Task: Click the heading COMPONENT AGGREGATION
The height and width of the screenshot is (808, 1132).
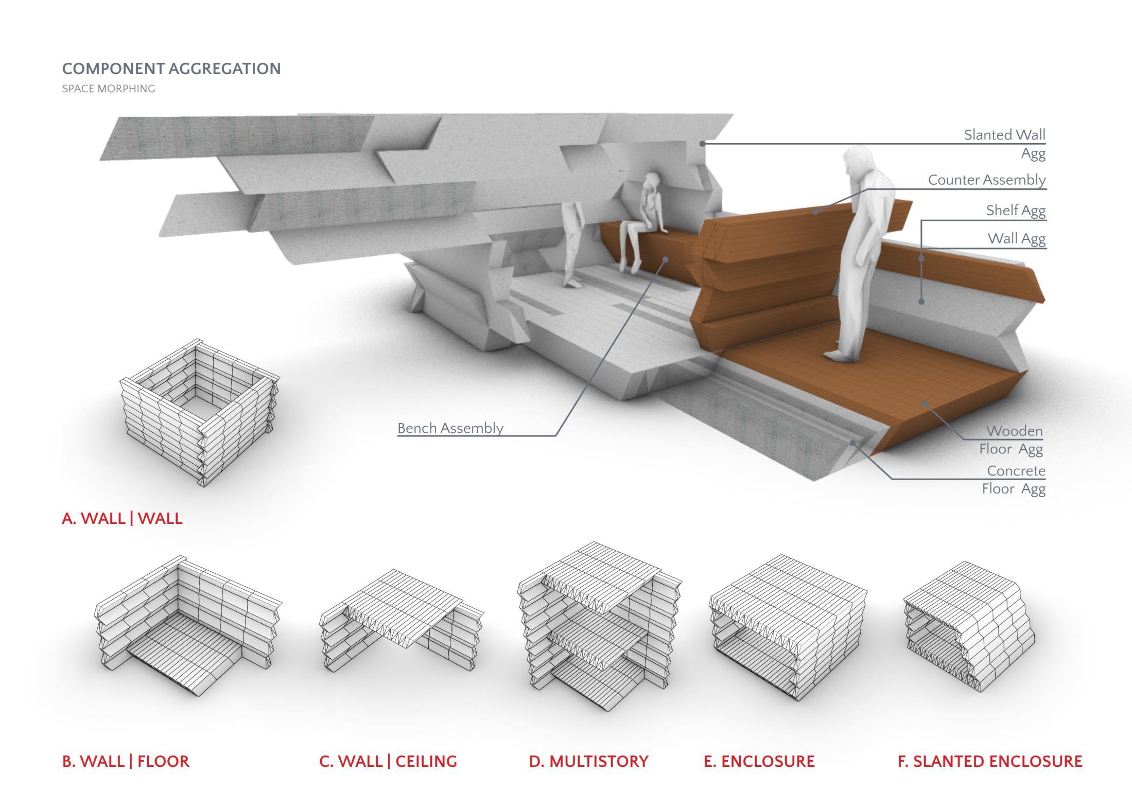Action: [x=171, y=68]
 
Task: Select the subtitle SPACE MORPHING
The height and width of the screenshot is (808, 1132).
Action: [x=108, y=89]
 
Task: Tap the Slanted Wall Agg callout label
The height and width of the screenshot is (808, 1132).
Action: [x=1004, y=144]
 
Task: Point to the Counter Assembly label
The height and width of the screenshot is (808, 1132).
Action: [x=987, y=180]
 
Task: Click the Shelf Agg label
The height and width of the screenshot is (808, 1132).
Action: [x=1015, y=210]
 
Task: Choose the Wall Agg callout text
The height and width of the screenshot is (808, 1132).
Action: [x=1016, y=238]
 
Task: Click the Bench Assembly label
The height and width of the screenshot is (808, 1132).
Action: [x=450, y=428]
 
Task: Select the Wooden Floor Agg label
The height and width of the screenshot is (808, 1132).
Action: [x=1012, y=440]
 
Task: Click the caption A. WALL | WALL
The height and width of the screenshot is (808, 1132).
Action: [x=122, y=518]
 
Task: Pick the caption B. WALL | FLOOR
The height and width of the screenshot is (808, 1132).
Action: [x=126, y=761]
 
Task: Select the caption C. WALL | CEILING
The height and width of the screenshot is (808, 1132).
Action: [x=388, y=761]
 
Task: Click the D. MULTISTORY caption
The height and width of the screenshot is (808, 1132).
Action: [x=588, y=761]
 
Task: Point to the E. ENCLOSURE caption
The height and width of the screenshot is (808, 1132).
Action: [x=759, y=761]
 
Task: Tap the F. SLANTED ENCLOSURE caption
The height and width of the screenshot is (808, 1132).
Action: [x=989, y=761]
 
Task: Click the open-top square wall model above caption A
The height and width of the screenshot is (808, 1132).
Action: [x=200, y=412]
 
